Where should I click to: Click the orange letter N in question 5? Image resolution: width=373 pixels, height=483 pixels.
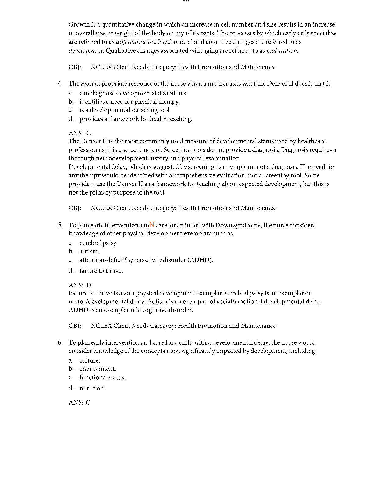pos(152,224)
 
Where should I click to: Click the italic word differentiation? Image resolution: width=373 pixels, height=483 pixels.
pos(136,42)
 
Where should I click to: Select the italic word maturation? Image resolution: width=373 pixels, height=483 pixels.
pos(282,51)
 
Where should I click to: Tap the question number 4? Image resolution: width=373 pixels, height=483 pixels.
pos(60,84)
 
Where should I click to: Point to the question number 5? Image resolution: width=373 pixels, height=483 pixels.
pos(60,225)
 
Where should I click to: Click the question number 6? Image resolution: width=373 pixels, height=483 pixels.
pos(60,342)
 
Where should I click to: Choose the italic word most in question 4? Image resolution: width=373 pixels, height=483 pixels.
pos(87,84)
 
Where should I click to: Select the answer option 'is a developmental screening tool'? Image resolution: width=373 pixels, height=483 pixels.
pos(125,110)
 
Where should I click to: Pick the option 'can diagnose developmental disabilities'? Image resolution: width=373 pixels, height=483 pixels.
pos(133,93)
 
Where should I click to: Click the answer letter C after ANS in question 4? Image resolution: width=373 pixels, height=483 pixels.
pos(88,133)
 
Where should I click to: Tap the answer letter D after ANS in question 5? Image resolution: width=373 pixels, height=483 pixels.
pos(89,285)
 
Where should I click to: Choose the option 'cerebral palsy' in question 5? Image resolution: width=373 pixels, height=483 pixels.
pos(98,243)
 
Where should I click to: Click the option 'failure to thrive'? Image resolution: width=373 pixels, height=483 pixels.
pos(101,271)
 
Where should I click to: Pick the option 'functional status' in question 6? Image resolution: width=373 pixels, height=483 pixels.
pos(102,377)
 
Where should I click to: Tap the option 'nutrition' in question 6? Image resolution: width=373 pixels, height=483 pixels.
pos(92,388)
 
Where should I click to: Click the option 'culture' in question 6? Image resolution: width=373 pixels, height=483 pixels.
pos(90,360)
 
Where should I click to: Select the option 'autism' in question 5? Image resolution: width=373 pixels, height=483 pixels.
pos(89,252)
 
